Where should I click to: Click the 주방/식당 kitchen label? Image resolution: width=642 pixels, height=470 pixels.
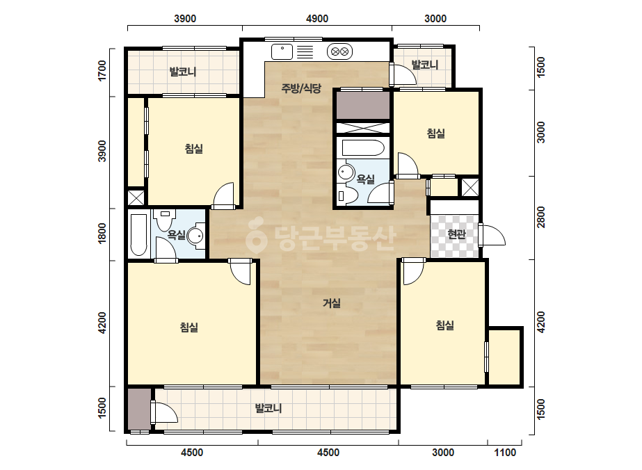(301, 88)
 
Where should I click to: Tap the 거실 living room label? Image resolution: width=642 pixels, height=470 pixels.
(332, 303)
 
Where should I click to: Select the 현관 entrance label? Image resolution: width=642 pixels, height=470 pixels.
(456, 234)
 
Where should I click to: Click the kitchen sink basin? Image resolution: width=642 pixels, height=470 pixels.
(282, 51)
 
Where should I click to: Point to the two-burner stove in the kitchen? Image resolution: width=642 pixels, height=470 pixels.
(340, 51)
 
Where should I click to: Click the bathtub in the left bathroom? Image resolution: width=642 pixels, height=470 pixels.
(138, 234)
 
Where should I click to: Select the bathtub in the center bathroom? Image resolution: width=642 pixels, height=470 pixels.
(363, 148)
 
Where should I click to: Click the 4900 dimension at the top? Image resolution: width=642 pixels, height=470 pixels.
(317, 19)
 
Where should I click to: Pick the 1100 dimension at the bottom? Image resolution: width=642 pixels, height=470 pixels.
(505, 453)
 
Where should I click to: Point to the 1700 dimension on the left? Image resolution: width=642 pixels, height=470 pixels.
(102, 70)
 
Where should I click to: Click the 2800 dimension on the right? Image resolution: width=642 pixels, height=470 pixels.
(540, 218)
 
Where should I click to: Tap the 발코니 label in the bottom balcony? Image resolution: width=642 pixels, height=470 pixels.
(268, 408)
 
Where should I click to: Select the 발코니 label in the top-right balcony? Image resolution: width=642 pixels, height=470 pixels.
(424, 65)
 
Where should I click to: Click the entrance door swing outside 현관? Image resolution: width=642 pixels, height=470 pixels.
(492, 235)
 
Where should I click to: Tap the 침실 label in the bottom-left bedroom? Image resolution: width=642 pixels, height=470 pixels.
(189, 327)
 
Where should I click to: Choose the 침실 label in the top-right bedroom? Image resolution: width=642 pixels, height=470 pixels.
(435, 133)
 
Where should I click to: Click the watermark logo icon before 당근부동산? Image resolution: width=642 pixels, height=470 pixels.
(256, 235)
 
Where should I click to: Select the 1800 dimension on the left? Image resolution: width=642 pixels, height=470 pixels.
(102, 232)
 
